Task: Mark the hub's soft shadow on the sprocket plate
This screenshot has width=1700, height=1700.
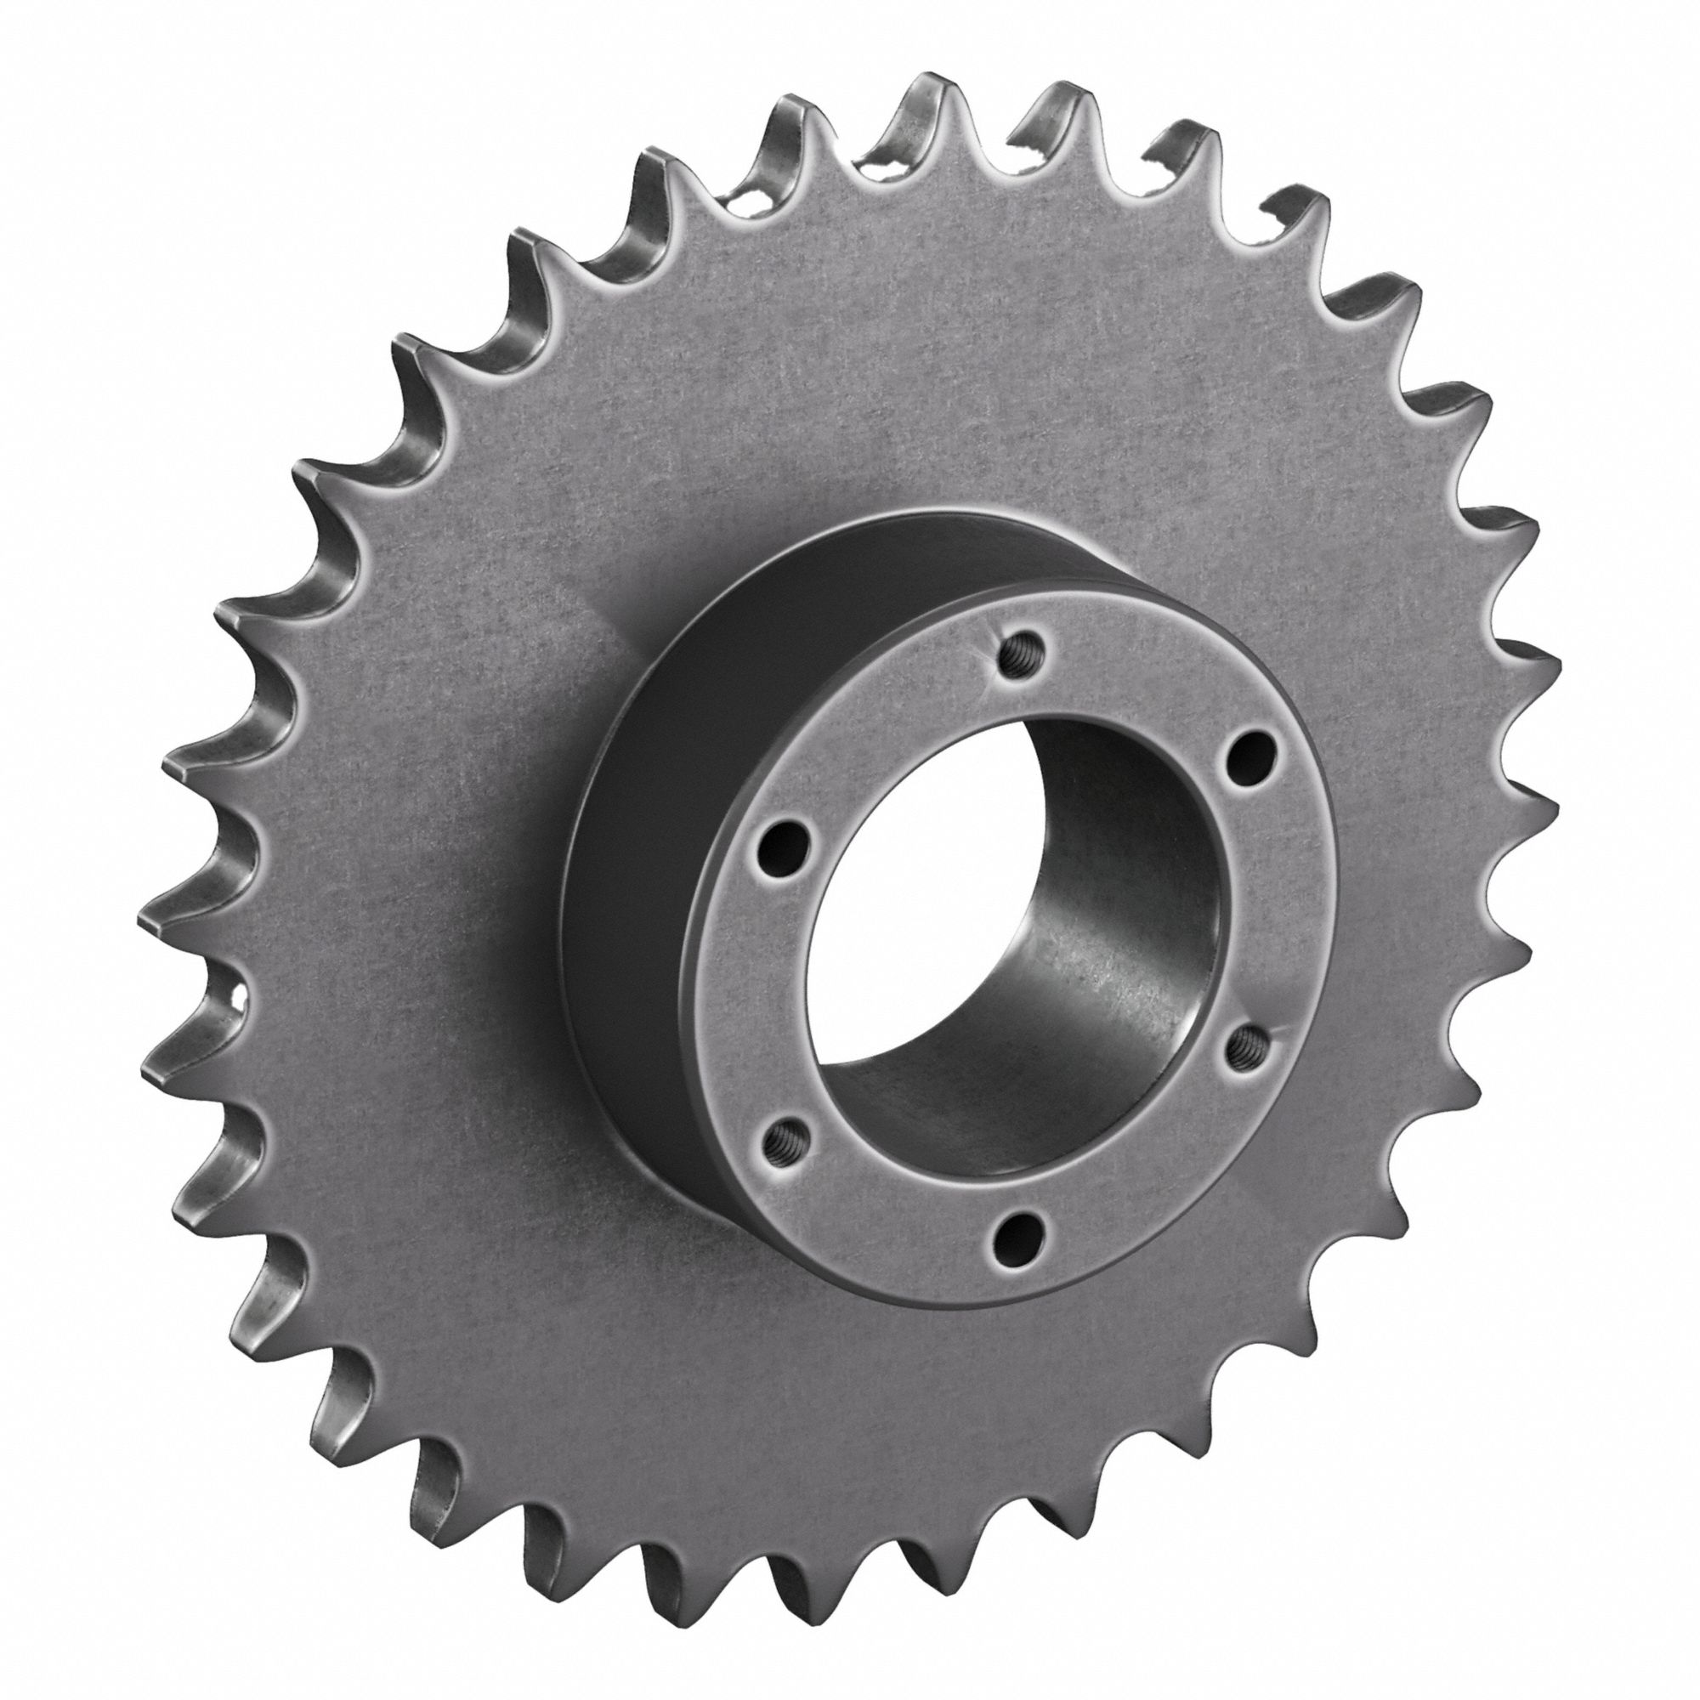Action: [607, 633]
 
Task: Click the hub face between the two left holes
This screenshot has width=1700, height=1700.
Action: [774, 990]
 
